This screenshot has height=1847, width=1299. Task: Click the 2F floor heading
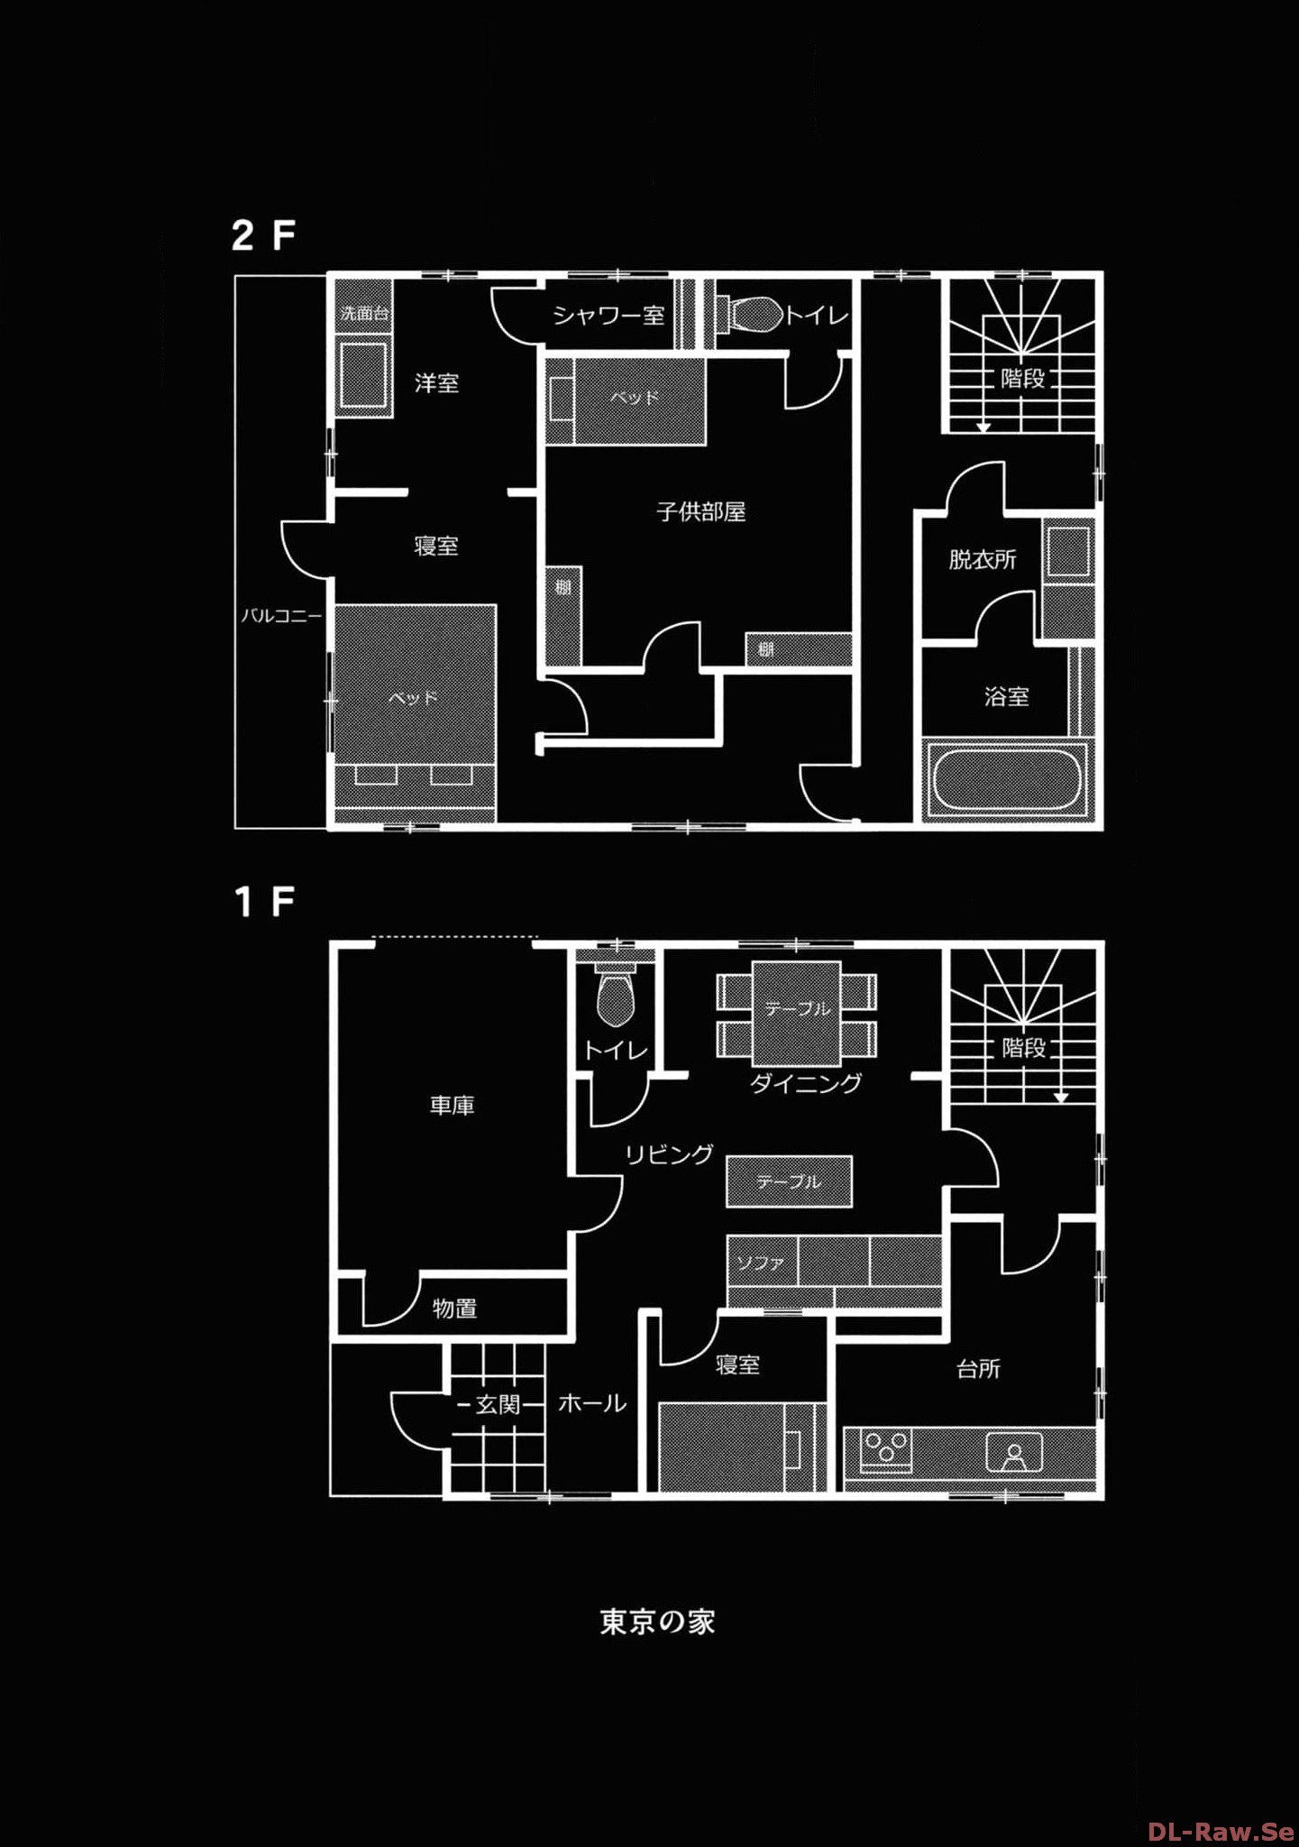click(x=263, y=235)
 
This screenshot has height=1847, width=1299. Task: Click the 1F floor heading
click(x=264, y=902)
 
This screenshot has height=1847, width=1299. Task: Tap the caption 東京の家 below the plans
click(x=657, y=1622)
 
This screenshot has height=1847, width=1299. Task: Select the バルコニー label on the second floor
click(x=280, y=617)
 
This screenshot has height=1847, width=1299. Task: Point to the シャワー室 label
click(x=608, y=315)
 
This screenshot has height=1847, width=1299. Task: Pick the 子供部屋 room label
click(x=701, y=512)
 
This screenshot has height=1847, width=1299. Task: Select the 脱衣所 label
click(x=983, y=560)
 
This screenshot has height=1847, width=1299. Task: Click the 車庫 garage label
click(x=452, y=1106)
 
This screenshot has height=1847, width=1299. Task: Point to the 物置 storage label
click(x=454, y=1308)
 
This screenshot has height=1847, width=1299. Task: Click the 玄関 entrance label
click(x=499, y=1404)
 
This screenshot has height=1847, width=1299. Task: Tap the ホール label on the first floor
click(x=592, y=1403)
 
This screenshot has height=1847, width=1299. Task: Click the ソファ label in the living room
click(x=761, y=1263)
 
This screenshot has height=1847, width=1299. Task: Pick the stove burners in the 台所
click(x=887, y=1448)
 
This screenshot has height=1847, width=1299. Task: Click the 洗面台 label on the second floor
click(x=364, y=314)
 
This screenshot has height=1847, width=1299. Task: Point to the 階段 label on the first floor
click(x=1024, y=1048)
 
